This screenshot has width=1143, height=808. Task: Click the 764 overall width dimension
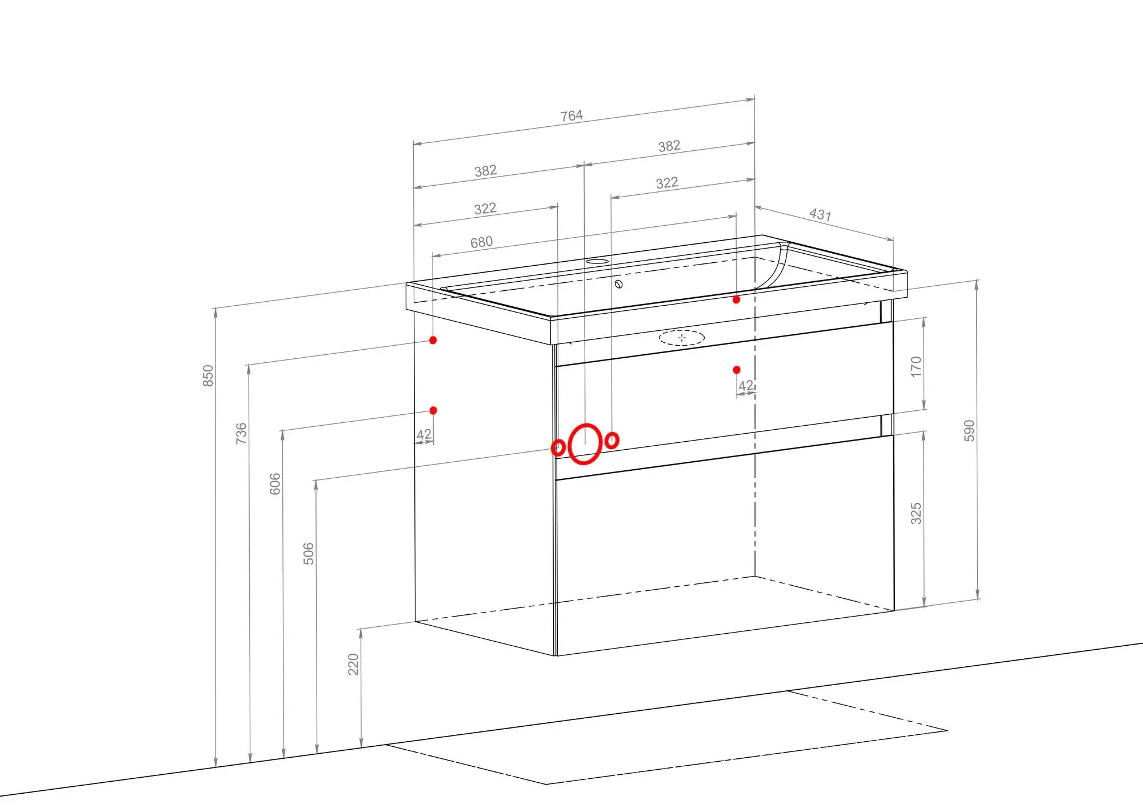[571, 116]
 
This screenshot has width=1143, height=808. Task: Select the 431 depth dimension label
[820, 214]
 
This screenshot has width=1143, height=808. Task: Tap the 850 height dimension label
[208, 375]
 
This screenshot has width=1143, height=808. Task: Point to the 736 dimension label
[241, 433]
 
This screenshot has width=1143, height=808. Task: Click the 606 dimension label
[275, 483]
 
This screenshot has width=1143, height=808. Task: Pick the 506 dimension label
[308, 554]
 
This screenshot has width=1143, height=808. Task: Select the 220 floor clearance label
[353, 664]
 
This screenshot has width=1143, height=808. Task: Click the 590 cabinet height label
[969, 430]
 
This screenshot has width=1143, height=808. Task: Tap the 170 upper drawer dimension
[916, 367]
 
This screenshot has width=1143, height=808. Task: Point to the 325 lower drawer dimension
[916, 514]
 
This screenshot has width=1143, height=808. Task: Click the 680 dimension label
[481, 242]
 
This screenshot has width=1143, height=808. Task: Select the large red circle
[585, 443]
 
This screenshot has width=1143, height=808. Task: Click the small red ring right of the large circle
[612, 441]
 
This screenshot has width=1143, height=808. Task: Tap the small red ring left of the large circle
[558, 447]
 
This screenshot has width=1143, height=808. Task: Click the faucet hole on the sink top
[597, 262]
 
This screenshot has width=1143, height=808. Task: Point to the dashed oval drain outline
[682, 338]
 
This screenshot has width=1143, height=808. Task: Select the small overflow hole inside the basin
[618, 284]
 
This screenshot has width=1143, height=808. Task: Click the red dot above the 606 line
[433, 410]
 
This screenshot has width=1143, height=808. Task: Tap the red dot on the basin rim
[737, 299]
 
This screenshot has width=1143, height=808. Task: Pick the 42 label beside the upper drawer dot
[746, 386]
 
